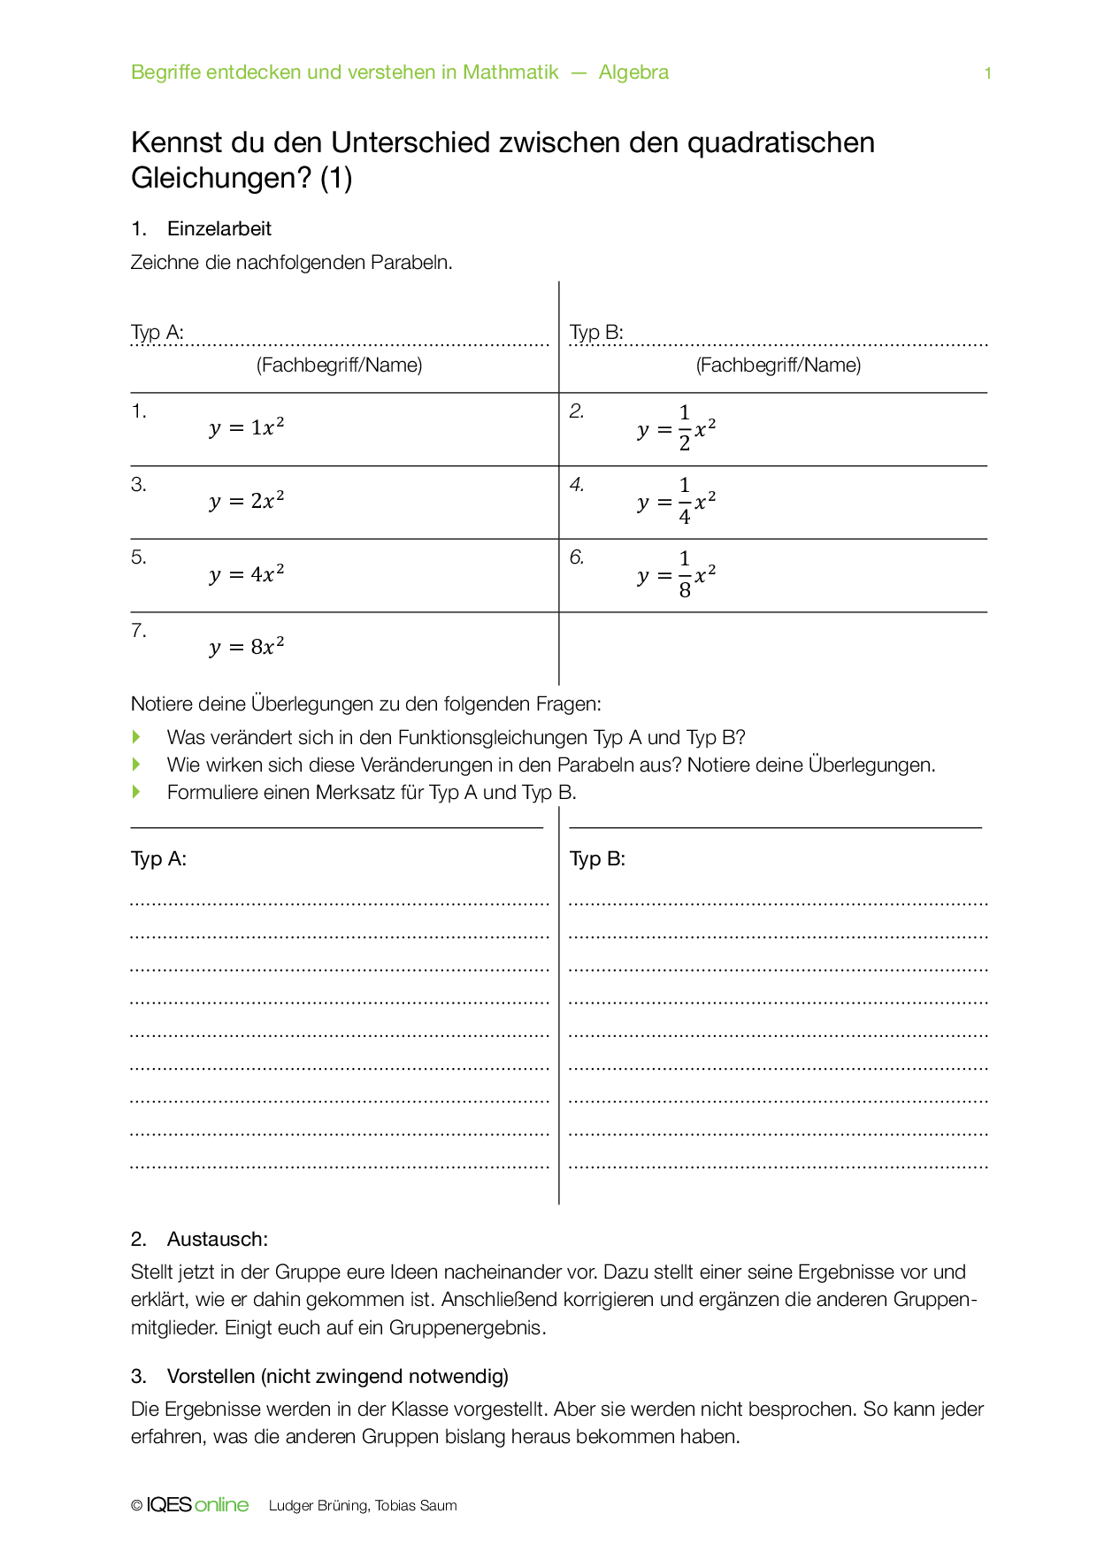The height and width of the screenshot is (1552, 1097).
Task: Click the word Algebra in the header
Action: coord(633,73)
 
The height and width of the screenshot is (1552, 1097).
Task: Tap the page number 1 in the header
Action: coord(987,73)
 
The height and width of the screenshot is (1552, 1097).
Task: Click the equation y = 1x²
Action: coord(247,427)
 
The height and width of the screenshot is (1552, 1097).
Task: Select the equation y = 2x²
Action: coord(247,501)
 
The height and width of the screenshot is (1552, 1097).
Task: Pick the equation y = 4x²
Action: coord(247,574)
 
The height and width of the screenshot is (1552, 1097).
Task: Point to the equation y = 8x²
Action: coord(247,647)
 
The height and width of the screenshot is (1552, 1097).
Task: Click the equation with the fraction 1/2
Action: coord(677,429)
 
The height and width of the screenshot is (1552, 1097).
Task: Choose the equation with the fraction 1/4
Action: coord(677,502)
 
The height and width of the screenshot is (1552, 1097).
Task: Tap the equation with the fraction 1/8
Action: coord(677,575)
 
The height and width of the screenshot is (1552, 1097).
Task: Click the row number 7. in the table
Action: coord(139,631)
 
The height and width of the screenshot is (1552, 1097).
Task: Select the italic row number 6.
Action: coord(577,557)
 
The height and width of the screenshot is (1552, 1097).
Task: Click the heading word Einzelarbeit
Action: coord(219,228)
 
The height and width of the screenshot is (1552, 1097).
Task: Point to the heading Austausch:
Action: coord(217,1239)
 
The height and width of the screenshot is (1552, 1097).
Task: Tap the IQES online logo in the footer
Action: coord(196,1505)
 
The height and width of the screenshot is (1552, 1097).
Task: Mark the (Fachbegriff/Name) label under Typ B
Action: coord(779,365)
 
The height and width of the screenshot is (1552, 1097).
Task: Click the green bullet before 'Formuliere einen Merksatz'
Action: coord(136,792)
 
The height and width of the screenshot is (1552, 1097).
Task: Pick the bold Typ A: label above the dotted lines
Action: coord(158,859)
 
